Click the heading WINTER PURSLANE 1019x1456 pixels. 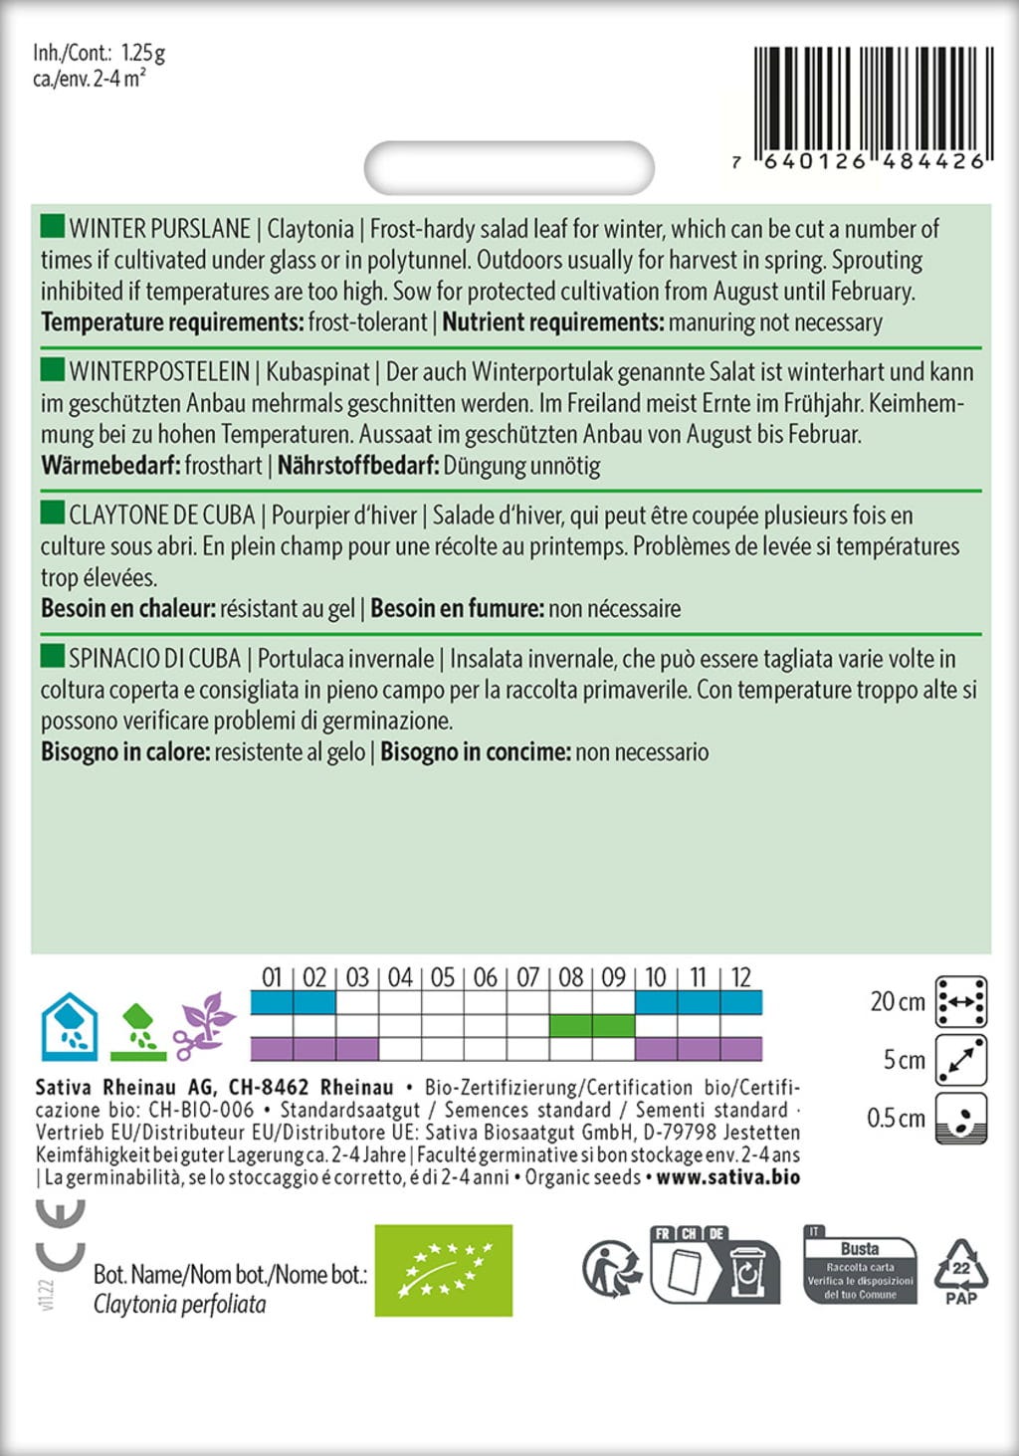pos(159,229)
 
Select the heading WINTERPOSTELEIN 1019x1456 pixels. pos(159,372)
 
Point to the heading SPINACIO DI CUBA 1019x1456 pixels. pos(154,659)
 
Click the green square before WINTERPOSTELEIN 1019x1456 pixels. pos(52,370)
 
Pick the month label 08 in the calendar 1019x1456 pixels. pos(570,977)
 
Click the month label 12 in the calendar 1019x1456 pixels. pos(740,977)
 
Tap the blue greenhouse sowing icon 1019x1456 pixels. pos(69,1025)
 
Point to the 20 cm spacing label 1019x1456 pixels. pos(897,1001)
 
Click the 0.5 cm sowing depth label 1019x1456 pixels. pos(896,1118)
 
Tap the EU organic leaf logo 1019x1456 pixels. pos(443,1270)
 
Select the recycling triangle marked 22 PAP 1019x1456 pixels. pos(960,1271)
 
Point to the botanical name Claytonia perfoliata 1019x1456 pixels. pos(179,1304)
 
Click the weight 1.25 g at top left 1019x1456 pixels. pos(143,52)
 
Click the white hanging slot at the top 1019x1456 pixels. pos(509,166)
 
